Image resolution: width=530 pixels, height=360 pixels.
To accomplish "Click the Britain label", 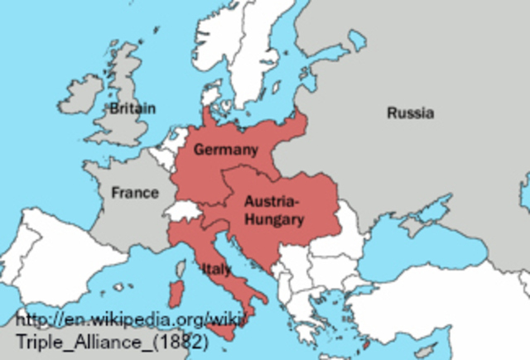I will pos(132,108).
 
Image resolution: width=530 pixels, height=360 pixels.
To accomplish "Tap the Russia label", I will pos(410,113).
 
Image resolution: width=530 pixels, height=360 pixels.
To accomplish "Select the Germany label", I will pos(226,149).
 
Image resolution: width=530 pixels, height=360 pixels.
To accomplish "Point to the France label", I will pos(135,193).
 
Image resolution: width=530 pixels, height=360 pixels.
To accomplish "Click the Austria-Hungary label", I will pos(274,210).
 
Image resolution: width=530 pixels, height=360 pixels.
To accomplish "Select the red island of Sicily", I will pos(222,331).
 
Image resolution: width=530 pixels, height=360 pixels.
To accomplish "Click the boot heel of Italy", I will pos(263,298).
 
